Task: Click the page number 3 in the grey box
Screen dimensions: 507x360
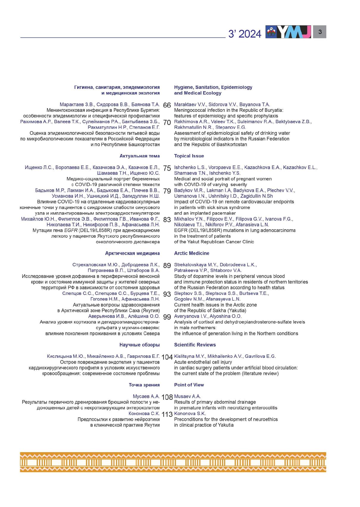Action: [x=320, y=32]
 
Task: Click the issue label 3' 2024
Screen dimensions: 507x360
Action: [x=245, y=34]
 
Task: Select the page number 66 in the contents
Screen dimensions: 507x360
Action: [x=167, y=106]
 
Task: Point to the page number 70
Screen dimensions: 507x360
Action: [x=167, y=123]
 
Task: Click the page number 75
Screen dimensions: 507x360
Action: [x=167, y=168]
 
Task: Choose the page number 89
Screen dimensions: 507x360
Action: [x=167, y=266]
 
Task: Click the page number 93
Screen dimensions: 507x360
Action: [x=167, y=294]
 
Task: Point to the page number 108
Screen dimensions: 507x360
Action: [x=167, y=397]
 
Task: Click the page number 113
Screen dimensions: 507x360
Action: [x=167, y=414]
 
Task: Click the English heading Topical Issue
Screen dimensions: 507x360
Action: [x=189, y=156]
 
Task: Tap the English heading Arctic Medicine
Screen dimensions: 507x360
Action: [x=192, y=253]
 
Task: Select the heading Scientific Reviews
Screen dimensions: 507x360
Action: [x=195, y=345]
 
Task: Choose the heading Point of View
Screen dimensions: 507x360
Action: [x=189, y=385]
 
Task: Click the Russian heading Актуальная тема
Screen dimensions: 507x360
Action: [x=139, y=156]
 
